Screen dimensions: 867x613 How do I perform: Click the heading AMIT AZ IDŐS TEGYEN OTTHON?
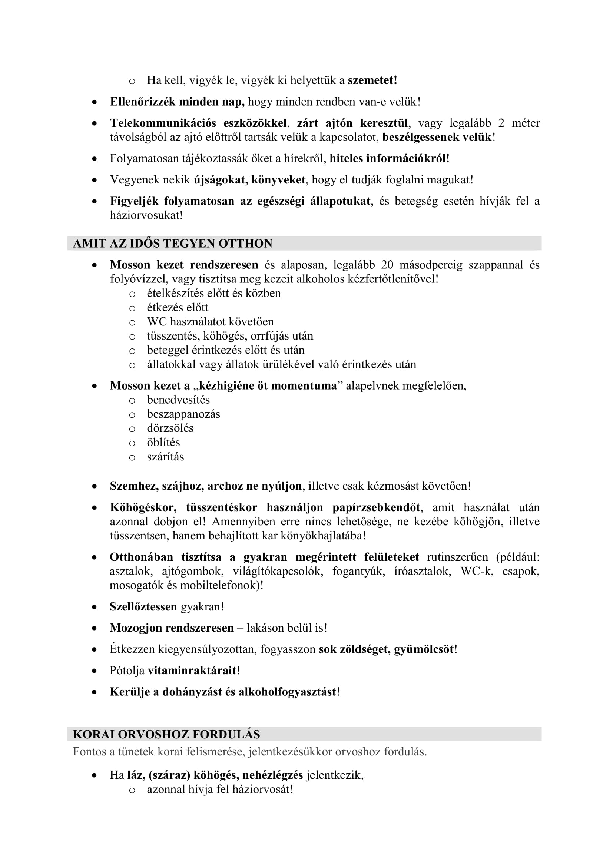pos(172,244)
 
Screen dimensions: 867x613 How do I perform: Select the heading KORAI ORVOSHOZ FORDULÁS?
pos(166,734)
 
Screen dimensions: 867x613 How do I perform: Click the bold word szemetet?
pos(372,80)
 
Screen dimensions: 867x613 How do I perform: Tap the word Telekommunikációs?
pos(163,123)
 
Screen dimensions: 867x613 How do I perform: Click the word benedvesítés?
pos(178,400)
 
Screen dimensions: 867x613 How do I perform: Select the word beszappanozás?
pos(183,414)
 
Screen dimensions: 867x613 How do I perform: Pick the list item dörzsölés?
pos(170,428)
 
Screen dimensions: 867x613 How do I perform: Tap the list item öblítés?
pos(163,443)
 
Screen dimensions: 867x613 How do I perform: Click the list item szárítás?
pos(165,457)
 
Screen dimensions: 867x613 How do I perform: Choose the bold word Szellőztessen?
pos(143,607)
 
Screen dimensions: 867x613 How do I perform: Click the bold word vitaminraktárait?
pos(192,671)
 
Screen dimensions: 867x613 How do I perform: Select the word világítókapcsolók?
pos(278,571)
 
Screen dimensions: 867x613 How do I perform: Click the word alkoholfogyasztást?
pos(287,692)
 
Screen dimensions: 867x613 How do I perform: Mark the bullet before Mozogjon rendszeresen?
pos(95,628)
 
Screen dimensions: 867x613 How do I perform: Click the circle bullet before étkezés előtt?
pos(132,308)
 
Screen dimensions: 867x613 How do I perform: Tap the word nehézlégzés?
pos(272,775)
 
